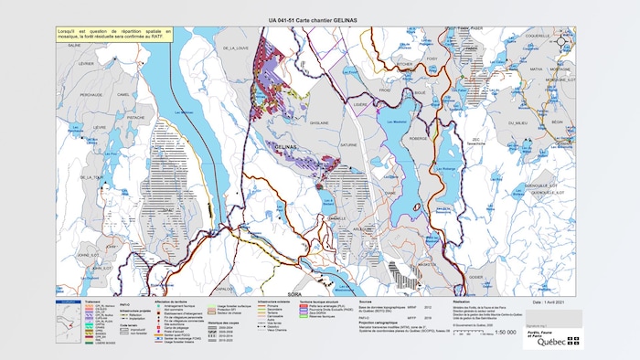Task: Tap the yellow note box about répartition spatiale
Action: pyautogui.click(x=116, y=37)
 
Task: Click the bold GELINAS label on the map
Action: pyautogui.click(x=286, y=147)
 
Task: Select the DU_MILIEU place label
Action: pyautogui.click(x=517, y=122)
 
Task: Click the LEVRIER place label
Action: pyautogui.click(x=86, y=64)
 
